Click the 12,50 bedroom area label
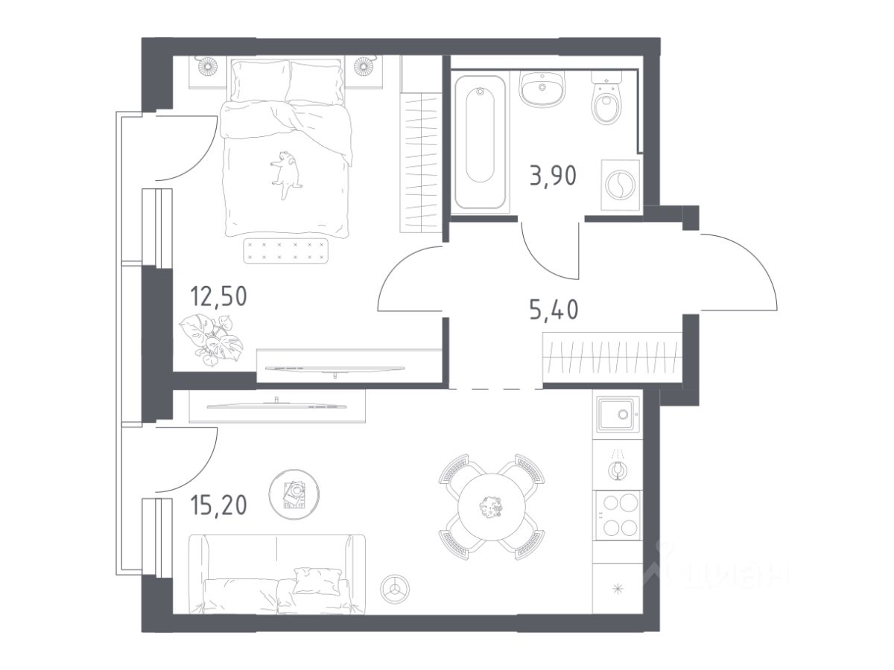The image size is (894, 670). click(218, 297)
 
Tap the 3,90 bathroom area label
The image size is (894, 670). click(553, 176)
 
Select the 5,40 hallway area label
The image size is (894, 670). click(554, 310)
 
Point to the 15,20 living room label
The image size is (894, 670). click(218, 505)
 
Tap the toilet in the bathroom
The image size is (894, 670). click(606, 97)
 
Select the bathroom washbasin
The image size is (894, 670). click(542, 89)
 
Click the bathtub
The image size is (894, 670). click(480, 142)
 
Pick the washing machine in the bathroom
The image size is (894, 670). click(621, 185)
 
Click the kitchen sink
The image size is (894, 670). click(618, 414)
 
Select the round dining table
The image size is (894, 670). click(492, 507)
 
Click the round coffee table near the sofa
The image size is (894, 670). click(294, 494)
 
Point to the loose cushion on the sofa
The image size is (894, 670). click(317, 581)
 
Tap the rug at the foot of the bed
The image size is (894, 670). click(285, 251)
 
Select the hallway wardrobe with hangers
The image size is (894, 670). click(612, 357)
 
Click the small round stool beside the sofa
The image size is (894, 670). click(395, 589)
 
